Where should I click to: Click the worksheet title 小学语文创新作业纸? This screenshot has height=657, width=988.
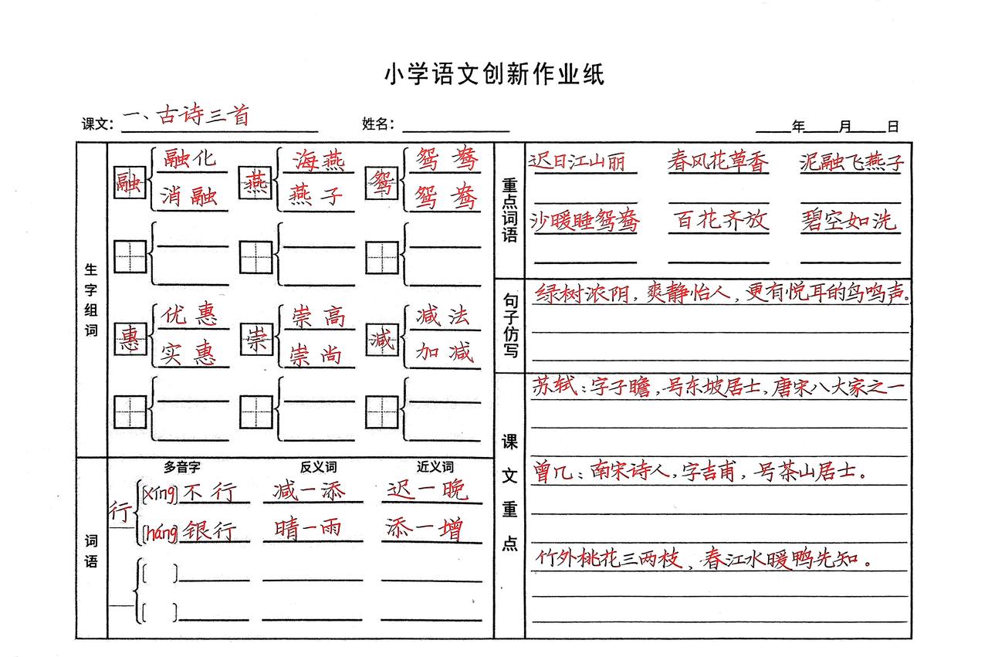coord(495,73)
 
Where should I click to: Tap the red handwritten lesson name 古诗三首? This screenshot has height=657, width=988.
coord(203,115)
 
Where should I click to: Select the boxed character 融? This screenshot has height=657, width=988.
coord(129,182)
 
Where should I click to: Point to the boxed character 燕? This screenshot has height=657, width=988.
coord(255,182)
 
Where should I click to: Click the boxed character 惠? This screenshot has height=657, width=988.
coord(130,338)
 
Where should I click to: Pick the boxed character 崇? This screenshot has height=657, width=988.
coord(256,338)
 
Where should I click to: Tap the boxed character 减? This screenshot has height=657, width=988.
coord(382,338)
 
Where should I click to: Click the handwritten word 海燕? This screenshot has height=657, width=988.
coord(319,160)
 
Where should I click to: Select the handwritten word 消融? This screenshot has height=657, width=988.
coord(189,196)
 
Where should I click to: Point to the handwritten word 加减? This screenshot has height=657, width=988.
coord(444,352)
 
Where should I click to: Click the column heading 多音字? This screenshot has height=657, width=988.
coord(181,467)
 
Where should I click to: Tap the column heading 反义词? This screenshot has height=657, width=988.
coord(318,467)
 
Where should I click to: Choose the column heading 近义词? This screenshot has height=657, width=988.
coord(435,466)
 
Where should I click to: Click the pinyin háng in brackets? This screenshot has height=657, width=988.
coord(161,533)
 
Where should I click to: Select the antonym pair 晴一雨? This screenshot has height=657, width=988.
coord(308,528)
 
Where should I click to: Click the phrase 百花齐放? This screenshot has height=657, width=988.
coord(721,219)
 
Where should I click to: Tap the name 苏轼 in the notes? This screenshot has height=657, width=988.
coord(554,386)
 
